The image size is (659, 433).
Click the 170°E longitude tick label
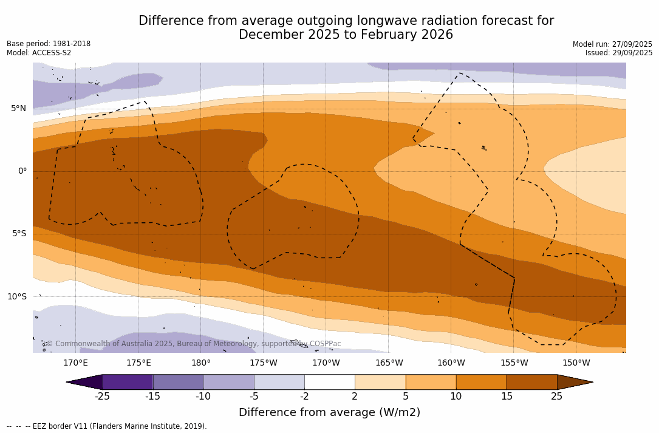click(75, 363)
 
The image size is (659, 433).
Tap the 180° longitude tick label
click(201, 363)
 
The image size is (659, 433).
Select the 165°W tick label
click(389, 363)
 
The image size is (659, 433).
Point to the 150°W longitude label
click(576, 363)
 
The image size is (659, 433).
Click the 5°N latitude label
click(18, 109)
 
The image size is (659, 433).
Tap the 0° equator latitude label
click(22, 171)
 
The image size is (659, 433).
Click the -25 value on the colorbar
click(102, 397)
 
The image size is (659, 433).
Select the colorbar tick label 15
click(507, 397)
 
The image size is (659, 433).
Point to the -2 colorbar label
click(304, 397)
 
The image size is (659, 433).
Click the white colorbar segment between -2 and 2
click(330, 382)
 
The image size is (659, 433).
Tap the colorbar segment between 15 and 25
click(531, 382)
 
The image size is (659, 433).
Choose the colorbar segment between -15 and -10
click(178, 382)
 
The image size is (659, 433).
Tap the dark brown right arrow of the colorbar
click(574, 382)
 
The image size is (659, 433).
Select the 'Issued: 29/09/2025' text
click(619, 53)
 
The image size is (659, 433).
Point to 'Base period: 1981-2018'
click(49, 44)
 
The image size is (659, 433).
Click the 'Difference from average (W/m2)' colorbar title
click(329, 412)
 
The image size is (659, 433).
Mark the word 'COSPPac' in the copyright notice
click(325, 344)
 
